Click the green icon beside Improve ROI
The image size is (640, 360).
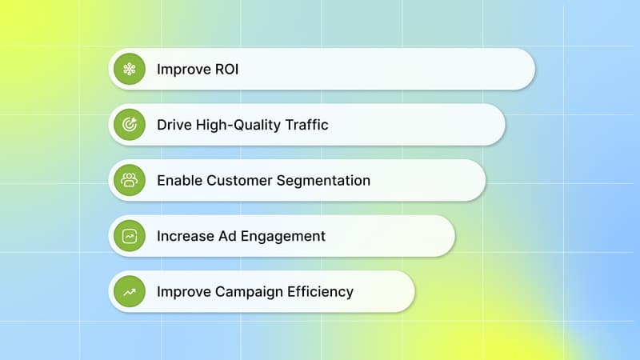coord(129,69)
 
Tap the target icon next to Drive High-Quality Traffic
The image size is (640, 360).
coord(129,125)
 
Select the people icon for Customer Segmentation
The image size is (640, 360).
coord(129,180)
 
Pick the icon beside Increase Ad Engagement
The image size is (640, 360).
coord(129,236)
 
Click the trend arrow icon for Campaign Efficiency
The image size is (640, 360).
coord(129,291)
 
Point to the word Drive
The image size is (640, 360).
coord(173,125)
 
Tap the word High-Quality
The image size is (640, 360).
coord(232,125)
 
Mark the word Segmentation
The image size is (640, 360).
coord(323,181)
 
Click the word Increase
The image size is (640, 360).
coord(183,236)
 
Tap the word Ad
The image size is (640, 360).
coord(223,236)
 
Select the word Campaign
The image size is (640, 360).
coord(248,292)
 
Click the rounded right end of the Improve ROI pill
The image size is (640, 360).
coord(523,69)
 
